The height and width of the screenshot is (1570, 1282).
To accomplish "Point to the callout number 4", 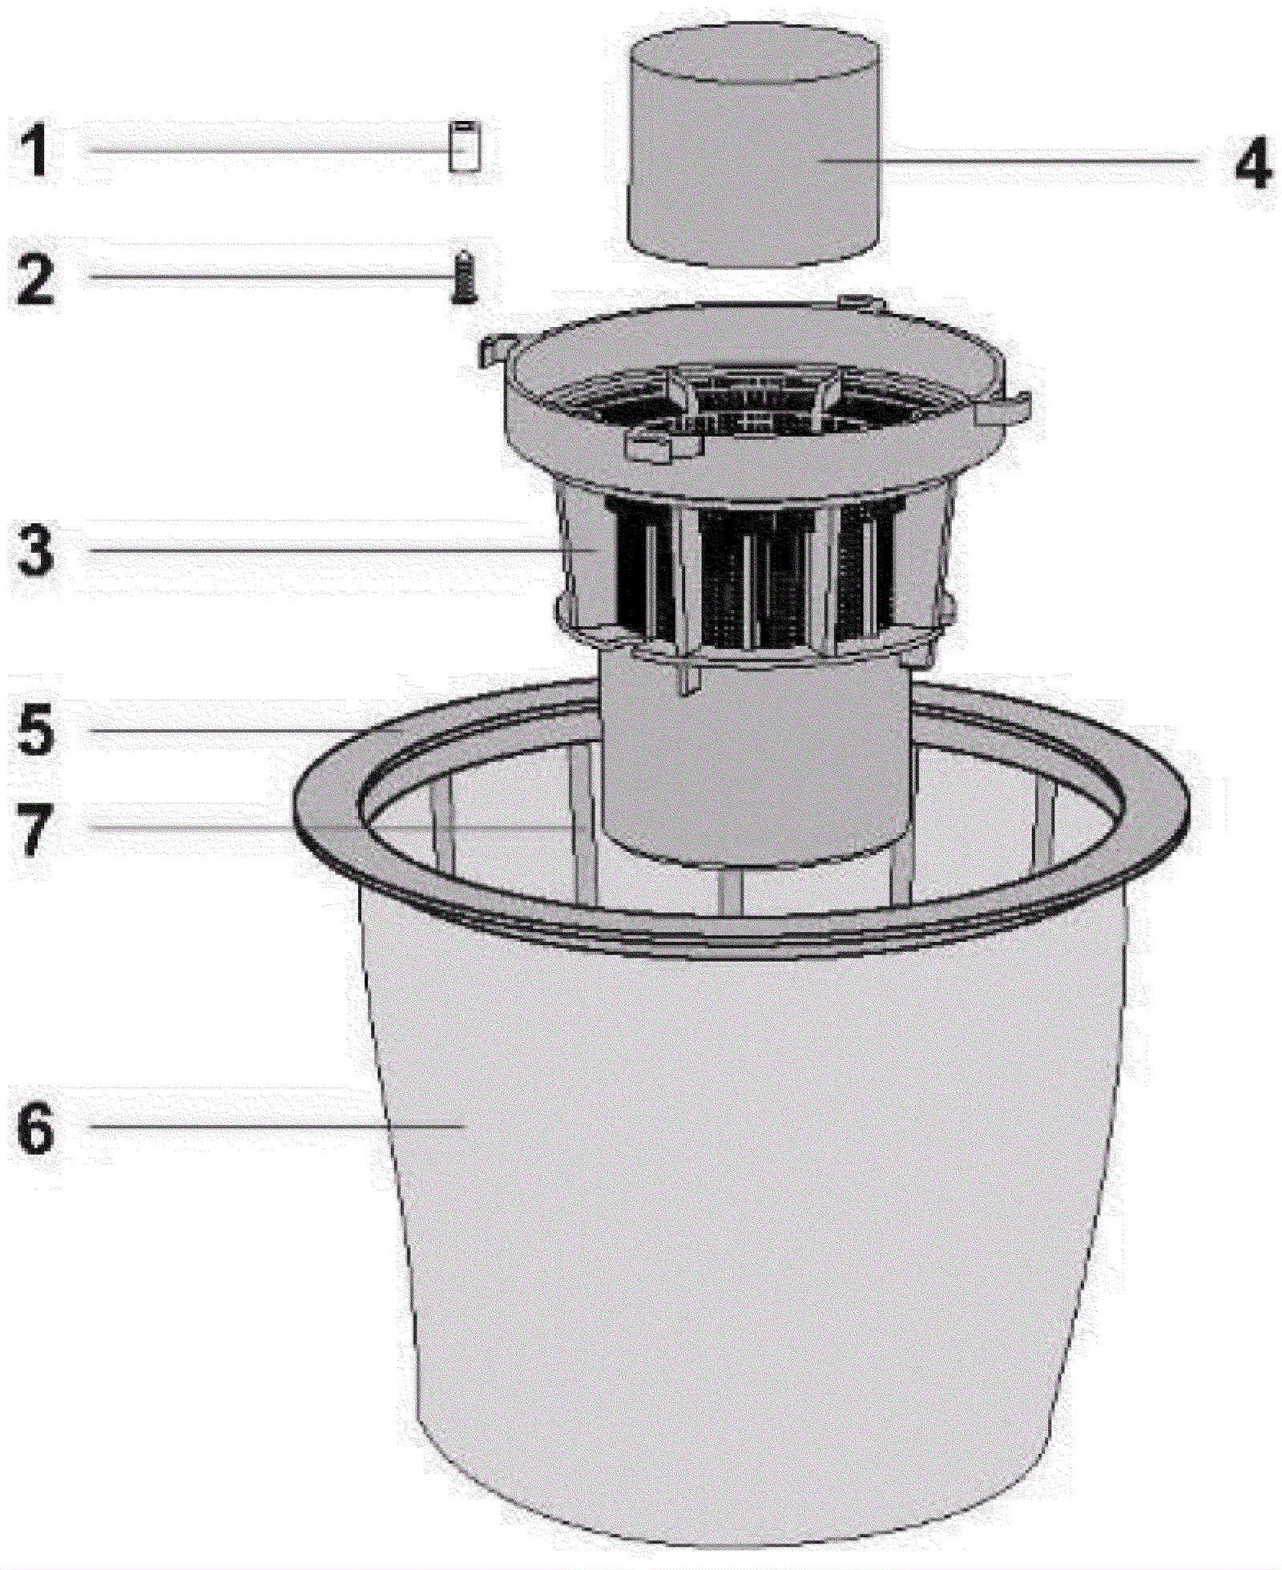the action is coord(1252,163).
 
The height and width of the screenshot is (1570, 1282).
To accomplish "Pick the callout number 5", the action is coord(35,729).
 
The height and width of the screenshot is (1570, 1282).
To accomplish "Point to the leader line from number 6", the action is coord(272,1126).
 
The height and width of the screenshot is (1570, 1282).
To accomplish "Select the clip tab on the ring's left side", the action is coord(494,350).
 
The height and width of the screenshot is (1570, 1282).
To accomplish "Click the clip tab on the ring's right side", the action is coord(1002,409).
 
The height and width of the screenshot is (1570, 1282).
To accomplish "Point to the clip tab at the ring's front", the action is coord(653,446).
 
